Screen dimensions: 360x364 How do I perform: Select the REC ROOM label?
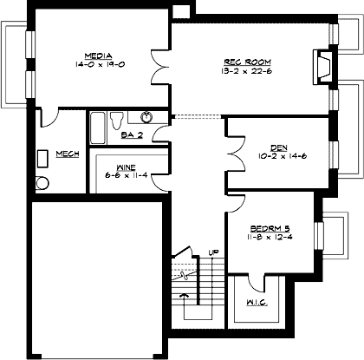click(x=249, y=62)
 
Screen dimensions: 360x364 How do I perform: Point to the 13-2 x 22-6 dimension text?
click(x=249, y=71)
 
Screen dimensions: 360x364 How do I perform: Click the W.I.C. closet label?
click(x=256, y=303)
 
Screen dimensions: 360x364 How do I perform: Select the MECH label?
click(x=68, y=154)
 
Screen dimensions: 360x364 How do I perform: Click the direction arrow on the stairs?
click(x=183, y=297)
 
